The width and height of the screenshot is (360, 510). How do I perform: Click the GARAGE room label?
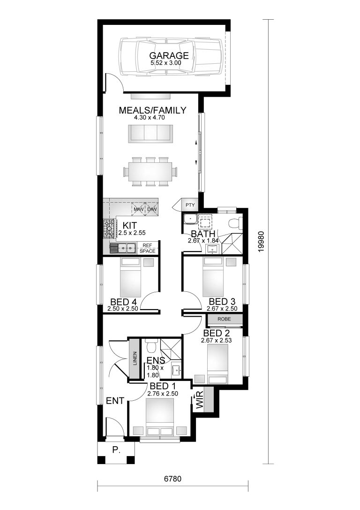pyautogui.click(x=169, y=55)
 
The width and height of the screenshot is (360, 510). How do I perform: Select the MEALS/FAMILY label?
pyautogui.click(x=152, y=110)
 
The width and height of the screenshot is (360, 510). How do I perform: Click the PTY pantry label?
pyautogui.click(x=189, y=205)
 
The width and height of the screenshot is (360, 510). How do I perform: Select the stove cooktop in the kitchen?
pyautogui.click(x=109, y=228)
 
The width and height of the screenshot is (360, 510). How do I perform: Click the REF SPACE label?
pyautogui.click(x=147, y=248)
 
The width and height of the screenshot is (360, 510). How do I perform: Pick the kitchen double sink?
pyautogui.click(x=123, y=247)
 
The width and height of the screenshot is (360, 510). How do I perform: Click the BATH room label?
pyautogui.click(x=202, y=234)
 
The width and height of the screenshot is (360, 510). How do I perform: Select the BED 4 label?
pyautogui.click(x=124, y=301)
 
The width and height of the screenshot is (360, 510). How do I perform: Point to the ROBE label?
pyautogui.click(x=224, y=320)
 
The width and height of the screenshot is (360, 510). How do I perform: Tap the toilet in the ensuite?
pyautogui.click(x=150, y=347)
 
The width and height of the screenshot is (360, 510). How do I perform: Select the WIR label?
pyautogui.click(x=199, y=401)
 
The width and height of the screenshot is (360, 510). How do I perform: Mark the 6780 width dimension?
pyautogui.click(x=172, y=480)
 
